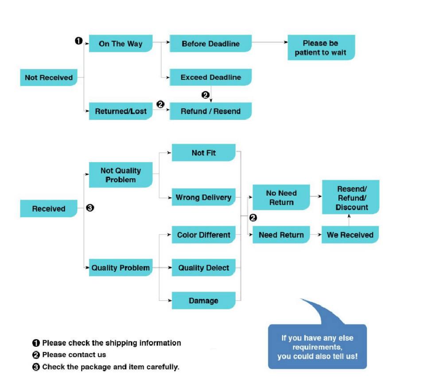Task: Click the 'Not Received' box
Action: tap(49, 78)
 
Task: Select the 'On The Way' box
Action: tap(120, 43)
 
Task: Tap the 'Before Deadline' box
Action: tap(210, 43)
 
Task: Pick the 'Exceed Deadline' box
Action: tap(210, 77)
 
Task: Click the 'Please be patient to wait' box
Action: tap(321, 48)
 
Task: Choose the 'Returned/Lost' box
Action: tap(120, 111)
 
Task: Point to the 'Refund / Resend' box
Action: tap(210, 111)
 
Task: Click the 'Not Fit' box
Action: tap(203, 153)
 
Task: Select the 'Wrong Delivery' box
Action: tap(203, 197)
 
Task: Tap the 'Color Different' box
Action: tap(203, 235)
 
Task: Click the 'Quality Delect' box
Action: tap(203, 267)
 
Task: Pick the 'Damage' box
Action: tap(203, 301)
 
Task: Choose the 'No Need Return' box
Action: tap(281, 198)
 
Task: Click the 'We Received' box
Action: tap(350, 235)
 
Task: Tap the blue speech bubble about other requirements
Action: tap(317, 346)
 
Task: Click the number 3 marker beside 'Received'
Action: tap(90, 208)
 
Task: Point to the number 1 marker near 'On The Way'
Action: tap(78, 41)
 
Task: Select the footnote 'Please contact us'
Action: tap(74, 355)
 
